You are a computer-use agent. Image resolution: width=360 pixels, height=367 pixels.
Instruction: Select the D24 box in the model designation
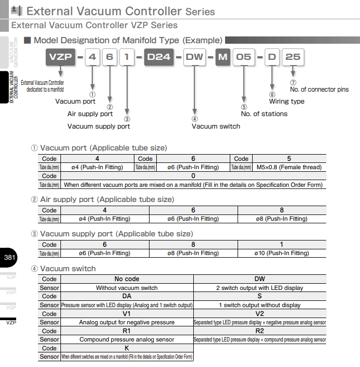pos(159,57)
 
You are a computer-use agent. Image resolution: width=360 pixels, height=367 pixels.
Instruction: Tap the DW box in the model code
pos(195,57)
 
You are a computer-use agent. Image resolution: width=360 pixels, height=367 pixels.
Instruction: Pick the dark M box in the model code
pos(223,57)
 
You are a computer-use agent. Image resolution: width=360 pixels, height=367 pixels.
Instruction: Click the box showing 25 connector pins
pos(293,57)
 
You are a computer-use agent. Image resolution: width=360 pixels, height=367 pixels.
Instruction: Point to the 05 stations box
pos(243,57)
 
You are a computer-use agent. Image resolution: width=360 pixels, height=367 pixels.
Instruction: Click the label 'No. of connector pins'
pos(319,90)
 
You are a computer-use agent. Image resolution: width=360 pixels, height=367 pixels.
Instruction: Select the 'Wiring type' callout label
pos(287,102)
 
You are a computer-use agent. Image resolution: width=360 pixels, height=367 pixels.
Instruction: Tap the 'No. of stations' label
pos(264,113)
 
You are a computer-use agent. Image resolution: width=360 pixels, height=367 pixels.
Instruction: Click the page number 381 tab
pos(9,258)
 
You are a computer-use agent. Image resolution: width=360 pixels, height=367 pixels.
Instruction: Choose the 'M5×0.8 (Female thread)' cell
pos(289,167)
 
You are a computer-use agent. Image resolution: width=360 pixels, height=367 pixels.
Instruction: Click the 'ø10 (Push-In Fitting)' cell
pos(281,253)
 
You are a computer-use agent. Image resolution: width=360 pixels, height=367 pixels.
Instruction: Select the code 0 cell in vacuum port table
pos(193,176)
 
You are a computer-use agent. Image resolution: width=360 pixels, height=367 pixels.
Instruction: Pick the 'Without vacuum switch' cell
pos(127,288)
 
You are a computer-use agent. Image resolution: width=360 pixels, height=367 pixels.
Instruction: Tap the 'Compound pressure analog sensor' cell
pos(127,339)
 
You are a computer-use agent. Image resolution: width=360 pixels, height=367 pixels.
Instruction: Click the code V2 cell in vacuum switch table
pos(259,314)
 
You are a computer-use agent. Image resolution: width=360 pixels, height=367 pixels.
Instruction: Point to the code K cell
pos(127,348)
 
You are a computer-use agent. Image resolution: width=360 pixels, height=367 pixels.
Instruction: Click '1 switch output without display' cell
pos(259,305)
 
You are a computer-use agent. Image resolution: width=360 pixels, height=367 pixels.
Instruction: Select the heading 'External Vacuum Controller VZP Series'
pos(94,25)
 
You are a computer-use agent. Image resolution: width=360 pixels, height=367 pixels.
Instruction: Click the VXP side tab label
pos(10,293)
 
